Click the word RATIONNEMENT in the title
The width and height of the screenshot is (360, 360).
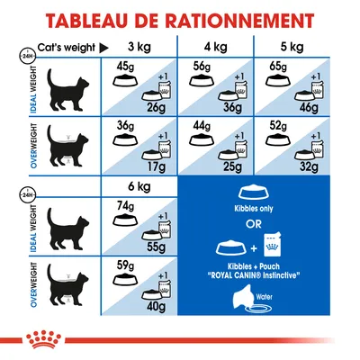click(231, 21)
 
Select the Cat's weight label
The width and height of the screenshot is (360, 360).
click(63, 47)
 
